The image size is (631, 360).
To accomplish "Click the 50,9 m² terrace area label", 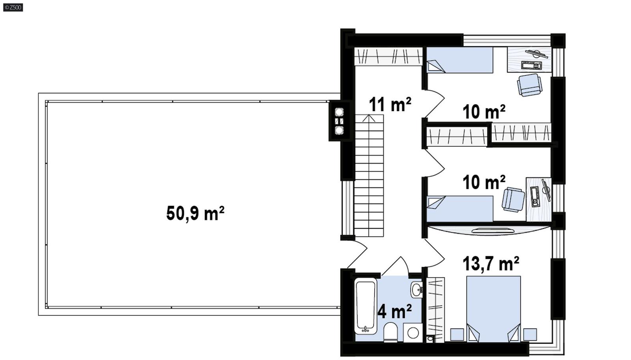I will click(x=195, y=214).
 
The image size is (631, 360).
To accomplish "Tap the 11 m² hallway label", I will click(x=390, y=105).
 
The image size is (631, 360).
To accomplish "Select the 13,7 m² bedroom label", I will click(x=490, y=264).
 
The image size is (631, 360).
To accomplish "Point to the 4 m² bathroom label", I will click(x=394, y=312).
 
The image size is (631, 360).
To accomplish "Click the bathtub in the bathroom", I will click(x=366, y=306).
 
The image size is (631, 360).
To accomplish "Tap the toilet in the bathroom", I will click(x=390, y=332).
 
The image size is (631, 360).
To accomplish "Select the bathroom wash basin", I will click(x=416, y=290).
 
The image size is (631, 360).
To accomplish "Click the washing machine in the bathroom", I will click(x=413, y=333).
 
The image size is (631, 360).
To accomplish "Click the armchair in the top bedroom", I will click(x=530, y=85).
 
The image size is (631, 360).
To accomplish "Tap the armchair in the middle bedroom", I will click(x=513, y=200).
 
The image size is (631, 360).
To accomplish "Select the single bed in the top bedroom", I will click(x=460, y=60).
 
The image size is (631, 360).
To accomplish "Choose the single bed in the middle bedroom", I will click(x=460, y=209).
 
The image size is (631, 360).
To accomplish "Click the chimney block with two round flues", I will click(x=339, y=121).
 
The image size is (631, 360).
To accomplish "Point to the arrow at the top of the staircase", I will click(x=369, y=118).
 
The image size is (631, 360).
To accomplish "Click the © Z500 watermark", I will click(x=13, y=7).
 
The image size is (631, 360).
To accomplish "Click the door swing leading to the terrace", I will click(x=357, y=253).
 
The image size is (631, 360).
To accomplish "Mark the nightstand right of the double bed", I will click(x=530, y=334).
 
